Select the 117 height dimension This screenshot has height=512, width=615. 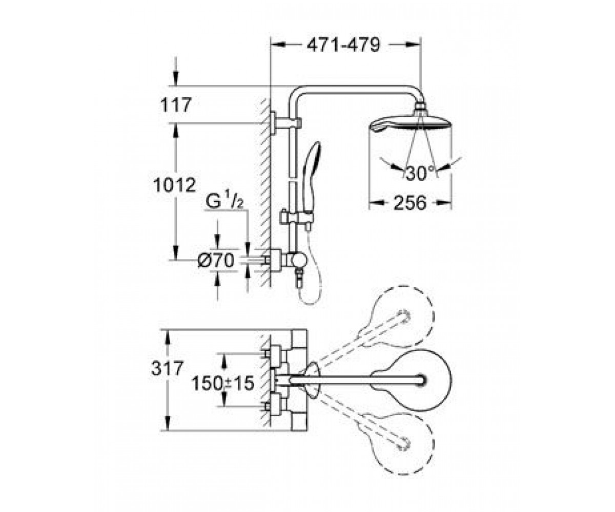point(176,105)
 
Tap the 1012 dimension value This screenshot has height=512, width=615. point(175,185)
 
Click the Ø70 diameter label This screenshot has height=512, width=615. point(216,260)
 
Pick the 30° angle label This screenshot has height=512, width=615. point(420,173)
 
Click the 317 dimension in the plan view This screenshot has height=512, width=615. point(167,368)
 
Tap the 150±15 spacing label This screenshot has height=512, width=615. point(222,383)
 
